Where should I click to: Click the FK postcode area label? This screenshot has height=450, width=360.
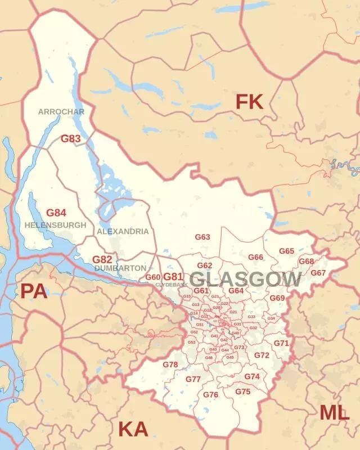point(249,102)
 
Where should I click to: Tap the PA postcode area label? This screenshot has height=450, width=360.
point(34,291)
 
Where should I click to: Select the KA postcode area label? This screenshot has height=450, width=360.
point(133,430)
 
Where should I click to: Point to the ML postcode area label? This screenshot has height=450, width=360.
point(334,413)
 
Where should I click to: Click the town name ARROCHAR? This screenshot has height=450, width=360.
point(61,112)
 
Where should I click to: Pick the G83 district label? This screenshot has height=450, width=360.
point(71,138)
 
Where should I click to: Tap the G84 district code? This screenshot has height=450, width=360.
point(56,213)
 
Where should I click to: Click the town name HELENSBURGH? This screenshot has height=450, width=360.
point(56,225)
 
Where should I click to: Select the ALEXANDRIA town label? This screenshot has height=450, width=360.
point(123,231)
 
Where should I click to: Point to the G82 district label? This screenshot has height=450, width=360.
point(102,259)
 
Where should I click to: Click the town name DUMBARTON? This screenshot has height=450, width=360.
point(120,268)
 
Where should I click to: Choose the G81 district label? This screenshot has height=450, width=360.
point(173,276)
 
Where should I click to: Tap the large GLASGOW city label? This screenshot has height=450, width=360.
point(245,279)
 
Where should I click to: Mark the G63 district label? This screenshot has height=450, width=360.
point(202,237)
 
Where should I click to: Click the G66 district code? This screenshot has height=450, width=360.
point(256,257)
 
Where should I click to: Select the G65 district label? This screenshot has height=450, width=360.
point(287,251)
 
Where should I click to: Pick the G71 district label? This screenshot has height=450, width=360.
point(281,343)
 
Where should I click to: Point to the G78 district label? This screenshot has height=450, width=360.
point(170,364)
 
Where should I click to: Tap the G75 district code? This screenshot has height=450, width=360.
point(243,391)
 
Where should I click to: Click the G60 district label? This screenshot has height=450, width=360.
point(153,277)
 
